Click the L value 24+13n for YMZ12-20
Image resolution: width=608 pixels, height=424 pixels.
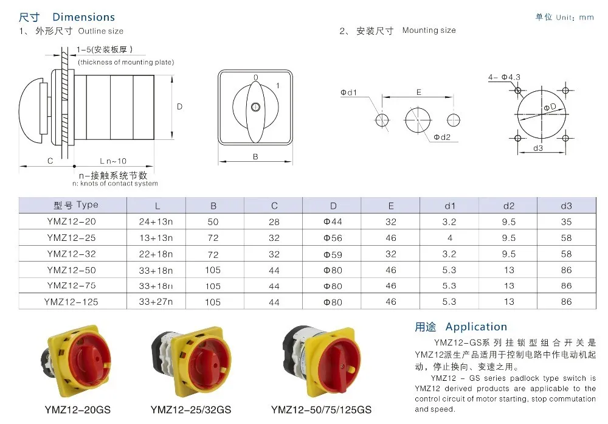(x=157, y=222)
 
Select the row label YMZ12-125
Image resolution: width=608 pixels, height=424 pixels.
(x=71, y=301)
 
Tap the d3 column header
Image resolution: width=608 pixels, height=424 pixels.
(x=566, y=206)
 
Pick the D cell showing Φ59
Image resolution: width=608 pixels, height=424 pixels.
(x=333, y=254)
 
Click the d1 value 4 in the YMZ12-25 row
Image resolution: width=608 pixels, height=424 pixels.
(x=450, y=238)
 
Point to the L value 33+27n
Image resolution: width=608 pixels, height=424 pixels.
(x=157, y=301)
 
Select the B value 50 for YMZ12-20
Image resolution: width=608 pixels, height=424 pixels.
(x=213, y=222)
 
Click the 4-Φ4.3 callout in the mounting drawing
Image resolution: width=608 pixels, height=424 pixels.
(x=504, y=77)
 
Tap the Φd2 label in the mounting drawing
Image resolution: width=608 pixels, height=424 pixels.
(x=442, y=137)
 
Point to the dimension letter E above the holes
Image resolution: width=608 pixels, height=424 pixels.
(x=419, y=92)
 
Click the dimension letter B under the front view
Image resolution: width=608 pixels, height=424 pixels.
(x=255, y=156)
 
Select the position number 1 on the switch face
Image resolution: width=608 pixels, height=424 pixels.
(x=278, y=86)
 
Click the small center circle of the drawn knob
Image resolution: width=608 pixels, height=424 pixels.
(x=255, y=107)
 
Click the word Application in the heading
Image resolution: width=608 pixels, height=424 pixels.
(x=476, y=327)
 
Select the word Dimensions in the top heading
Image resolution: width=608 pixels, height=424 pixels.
(x=84, y=17)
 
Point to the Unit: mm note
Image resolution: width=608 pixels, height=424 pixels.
(x=575, y=18)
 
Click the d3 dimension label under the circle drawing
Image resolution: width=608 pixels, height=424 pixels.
(x=538, y=148)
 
